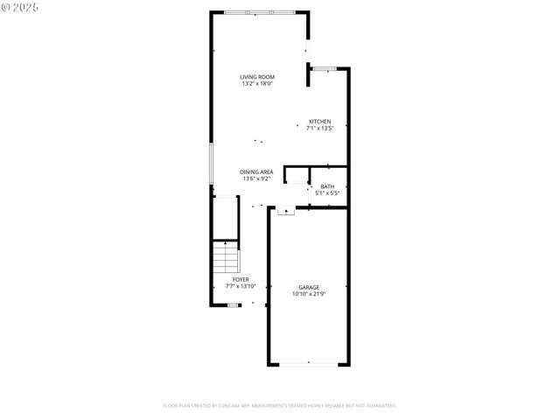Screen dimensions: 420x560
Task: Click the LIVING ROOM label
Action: pos(257,77)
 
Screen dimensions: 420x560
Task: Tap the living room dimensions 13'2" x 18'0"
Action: pos(257,84)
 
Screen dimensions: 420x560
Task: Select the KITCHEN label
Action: pos(319,122)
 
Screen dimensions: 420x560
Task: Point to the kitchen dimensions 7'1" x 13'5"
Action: pos(319,129)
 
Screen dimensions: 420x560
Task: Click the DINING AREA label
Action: pos(257,172)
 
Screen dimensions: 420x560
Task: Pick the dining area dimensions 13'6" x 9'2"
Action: pos(257,179)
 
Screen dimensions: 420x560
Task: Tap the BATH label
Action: pos(326,185)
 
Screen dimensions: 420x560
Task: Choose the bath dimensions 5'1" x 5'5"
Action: pos(326,192)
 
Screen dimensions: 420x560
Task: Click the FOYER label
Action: pos(241,279)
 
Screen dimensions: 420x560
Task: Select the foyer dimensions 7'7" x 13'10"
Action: pos(241,286)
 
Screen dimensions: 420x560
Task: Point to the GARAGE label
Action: pos(309,287)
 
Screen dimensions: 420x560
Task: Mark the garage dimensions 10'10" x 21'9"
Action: pos(309,294)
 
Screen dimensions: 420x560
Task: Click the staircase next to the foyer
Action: pos(227,258)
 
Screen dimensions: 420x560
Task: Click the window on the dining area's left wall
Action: pos(211,164)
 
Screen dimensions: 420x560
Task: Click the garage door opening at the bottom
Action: pos(309,364)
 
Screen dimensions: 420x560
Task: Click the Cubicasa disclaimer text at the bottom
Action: pos(280,406)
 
